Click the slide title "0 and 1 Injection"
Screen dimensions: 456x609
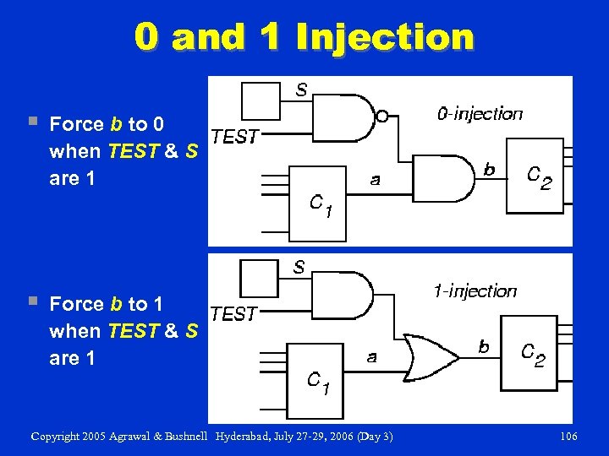(304, 36)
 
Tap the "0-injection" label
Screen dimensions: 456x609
(480, 113)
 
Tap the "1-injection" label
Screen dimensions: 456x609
(475, 291)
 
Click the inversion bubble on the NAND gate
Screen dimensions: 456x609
(382, 117)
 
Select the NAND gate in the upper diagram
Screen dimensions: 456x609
(351, 117)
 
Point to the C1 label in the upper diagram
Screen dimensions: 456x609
(326, 205)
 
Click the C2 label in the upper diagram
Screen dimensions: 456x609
(540, 177)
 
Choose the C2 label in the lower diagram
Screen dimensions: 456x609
(533, 356)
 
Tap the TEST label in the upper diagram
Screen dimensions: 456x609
(234, 137)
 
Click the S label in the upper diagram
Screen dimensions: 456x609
(301, 89)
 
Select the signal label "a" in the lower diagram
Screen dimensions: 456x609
(371, 356)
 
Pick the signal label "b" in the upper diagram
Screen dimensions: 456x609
(489, 170)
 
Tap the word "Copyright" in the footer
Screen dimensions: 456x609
(58, 437)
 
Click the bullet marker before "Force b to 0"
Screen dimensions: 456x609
(33, 123)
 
